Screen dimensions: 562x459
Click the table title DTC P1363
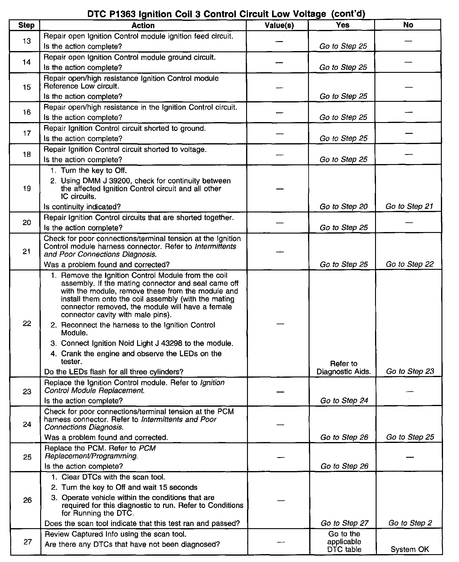[x=226, y=14]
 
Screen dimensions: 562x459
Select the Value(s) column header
[x=279, y=25]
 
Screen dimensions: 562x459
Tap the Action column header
[x=143, y=25]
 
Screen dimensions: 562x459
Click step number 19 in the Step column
[x=27, y=189]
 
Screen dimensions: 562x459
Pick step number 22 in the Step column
[x=27, y=324]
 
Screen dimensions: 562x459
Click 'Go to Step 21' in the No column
[x=409, y=206]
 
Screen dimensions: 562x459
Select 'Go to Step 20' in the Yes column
[x=343, y=207]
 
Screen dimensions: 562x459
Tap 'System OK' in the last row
[x=409, y=549]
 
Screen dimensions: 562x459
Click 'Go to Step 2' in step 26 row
[x=410, y=523]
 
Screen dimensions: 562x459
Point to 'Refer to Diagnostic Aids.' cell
[x=344, y=368]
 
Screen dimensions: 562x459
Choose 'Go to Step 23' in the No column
[x=410, y=371]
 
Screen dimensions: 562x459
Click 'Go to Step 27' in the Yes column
[x=345, y=523]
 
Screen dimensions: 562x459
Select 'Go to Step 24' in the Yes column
[x=344, y=401]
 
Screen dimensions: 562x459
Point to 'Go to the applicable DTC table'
[x=344, y=542]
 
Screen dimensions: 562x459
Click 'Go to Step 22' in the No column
[x=409, y=264]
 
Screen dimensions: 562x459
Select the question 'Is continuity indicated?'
[x=82, y=207]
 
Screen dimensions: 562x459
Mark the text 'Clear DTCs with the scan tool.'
[x=113, y=477]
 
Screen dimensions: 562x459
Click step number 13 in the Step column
[x=27, y=41]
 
